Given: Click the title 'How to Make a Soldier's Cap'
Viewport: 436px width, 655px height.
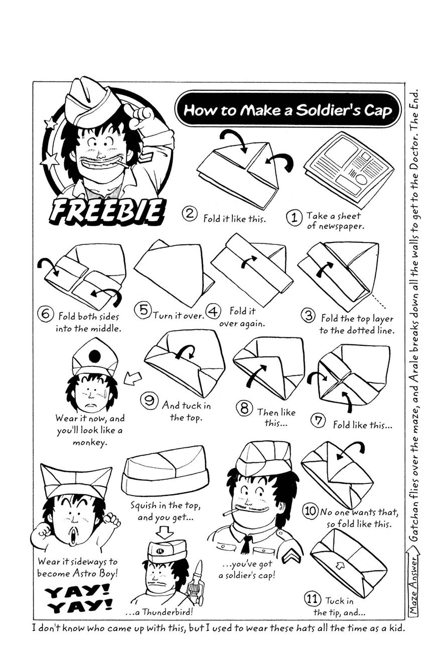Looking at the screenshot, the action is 288,110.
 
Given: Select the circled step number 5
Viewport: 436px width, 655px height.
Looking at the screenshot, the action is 143,311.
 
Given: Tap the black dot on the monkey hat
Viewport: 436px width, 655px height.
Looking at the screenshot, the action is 95,356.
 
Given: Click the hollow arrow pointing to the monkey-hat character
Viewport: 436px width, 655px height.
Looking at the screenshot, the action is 132,378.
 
